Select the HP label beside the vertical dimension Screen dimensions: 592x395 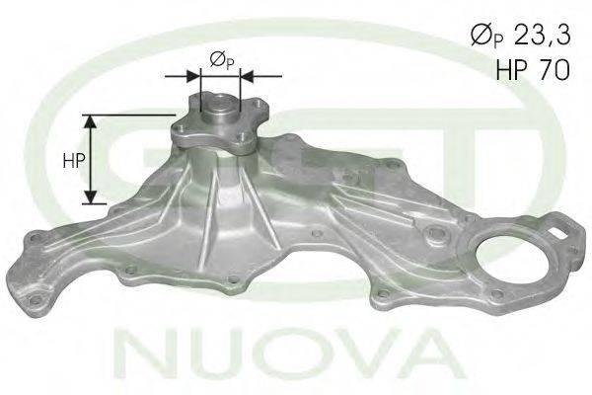[x=74, y=161]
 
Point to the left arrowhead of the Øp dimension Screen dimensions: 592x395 [x=193, y=76]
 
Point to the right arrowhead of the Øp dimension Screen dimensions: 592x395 [x=247, y=76]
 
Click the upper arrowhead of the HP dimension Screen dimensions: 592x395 [x=90, y=120]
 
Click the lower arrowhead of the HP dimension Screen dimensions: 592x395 [x=90, y=197]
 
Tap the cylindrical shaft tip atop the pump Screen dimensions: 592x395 [x=220, y=107]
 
